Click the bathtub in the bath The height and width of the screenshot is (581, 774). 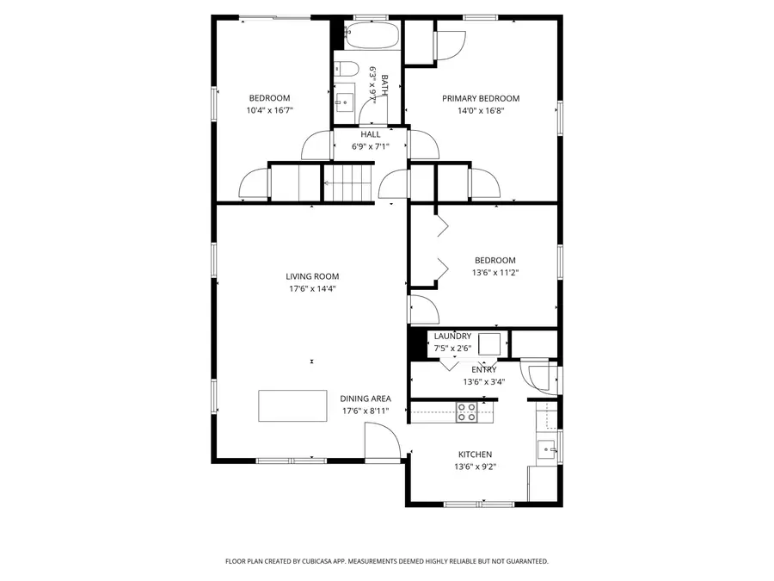372,36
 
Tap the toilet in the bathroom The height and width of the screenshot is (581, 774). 348,70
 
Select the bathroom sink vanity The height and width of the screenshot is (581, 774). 344,99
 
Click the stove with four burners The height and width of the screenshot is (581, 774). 466,412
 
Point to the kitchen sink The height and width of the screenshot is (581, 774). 546,448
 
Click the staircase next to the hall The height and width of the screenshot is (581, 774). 349,183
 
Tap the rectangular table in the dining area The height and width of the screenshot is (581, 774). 292,405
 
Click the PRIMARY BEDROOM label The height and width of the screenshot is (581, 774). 481,98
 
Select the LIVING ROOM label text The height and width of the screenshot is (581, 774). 312,276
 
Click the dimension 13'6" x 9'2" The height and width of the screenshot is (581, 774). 475,467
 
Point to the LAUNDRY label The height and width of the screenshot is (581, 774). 452,336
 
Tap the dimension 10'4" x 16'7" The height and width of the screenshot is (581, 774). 269,110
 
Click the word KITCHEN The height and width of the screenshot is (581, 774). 475,454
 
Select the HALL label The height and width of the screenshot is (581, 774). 371,134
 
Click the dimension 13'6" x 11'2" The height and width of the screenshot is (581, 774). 494,272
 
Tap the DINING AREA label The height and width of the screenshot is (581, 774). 365,399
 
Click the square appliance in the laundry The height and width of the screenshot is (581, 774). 490,343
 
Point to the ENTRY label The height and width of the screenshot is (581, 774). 483,370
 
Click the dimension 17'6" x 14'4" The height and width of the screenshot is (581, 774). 312,288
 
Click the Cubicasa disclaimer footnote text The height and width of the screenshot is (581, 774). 386,561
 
